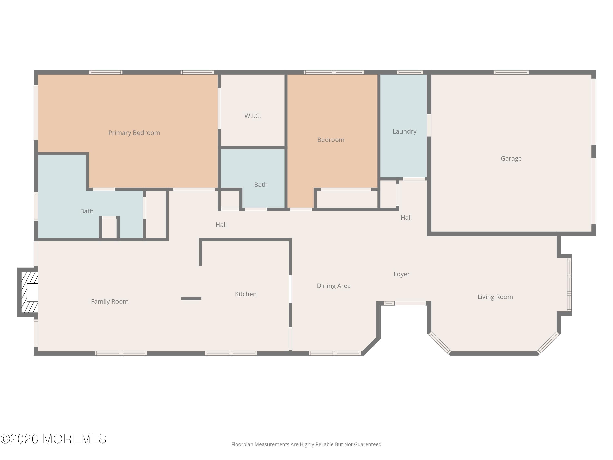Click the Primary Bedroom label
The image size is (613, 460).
click(134, 133)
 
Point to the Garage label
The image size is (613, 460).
click(511, 159)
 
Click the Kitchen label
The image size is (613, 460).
click(246, 294)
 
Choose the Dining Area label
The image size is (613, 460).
click(333, 286)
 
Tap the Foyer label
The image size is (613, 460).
click(401, 274)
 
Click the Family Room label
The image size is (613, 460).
click(110, 301)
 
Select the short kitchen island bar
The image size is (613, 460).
click(191, 299)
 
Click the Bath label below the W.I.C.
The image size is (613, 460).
click(261, 185)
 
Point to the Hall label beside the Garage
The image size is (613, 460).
click(406, 218)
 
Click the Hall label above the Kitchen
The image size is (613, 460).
click(221, 225)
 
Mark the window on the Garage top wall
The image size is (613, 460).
click(511, 73)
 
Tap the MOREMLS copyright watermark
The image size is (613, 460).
click(54, 439)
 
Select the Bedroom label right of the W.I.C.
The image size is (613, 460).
click(331, 140)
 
